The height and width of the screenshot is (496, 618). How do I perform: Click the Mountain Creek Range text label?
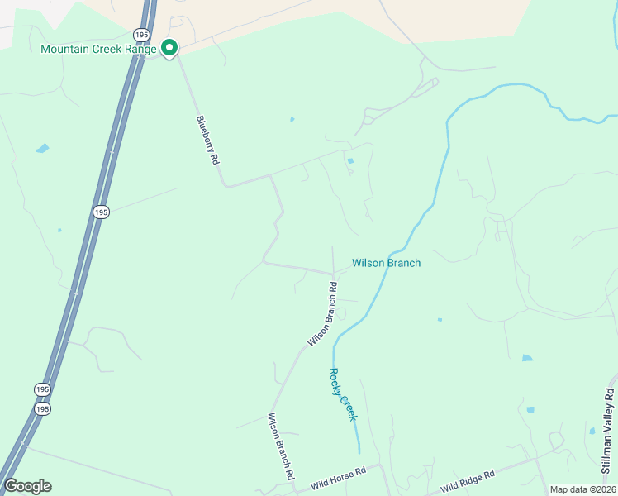click(98, 49)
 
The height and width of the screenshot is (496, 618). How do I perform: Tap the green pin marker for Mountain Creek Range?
click(169, 49)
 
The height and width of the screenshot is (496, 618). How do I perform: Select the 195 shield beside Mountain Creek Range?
click(142, 34)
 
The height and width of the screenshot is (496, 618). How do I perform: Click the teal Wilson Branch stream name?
click(386, 263)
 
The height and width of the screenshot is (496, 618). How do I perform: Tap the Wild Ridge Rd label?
click(467, 479)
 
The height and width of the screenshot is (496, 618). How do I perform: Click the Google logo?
click(27, 486)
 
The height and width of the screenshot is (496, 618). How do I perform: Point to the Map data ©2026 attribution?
click(582, 489)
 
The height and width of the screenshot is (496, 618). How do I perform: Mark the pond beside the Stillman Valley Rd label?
click(592, 431)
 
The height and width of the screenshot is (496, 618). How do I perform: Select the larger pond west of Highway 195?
click(41, 149)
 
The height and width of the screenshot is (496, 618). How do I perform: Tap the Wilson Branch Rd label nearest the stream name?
click(322, 315)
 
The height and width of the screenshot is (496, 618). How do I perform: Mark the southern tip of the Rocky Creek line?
click(359, 451)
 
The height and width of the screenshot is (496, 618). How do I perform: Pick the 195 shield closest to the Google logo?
click(43, 408)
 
